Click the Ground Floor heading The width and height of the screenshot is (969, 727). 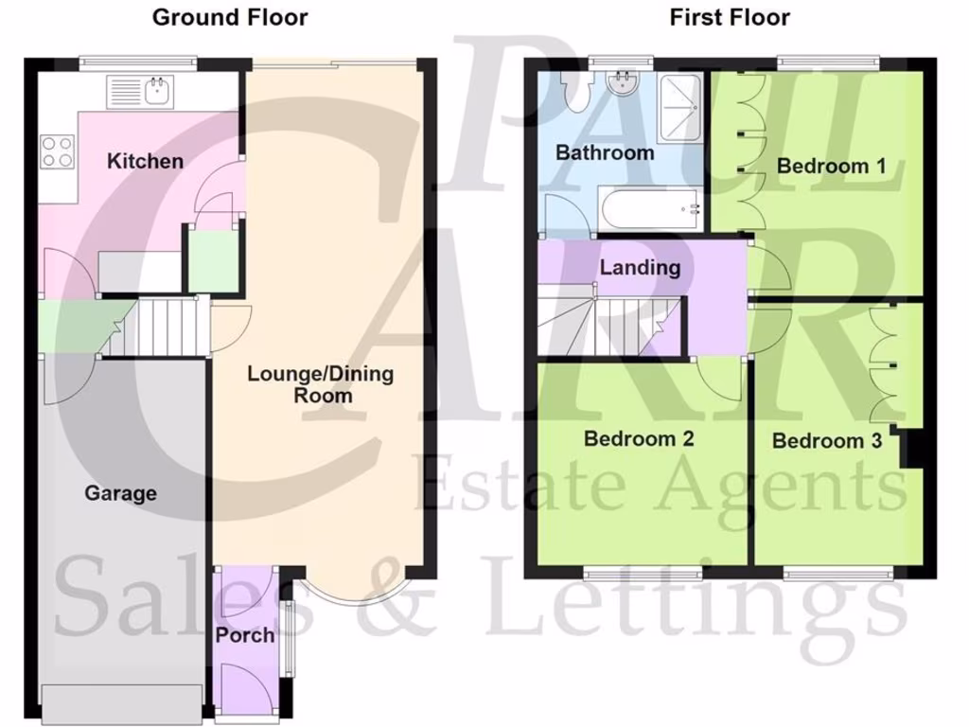(x=230, y=17)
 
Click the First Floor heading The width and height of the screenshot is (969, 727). (x=730, y=17)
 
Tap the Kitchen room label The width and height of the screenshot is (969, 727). (x=145, y=161)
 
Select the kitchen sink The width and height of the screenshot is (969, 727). (x=157, y=93)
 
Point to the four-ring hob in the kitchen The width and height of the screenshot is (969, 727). (x=57, y=151)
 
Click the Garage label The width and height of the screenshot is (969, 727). (x=121, y=493)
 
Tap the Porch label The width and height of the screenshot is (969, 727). (x=244, y=635)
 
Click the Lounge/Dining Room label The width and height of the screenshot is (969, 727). (x=320, y=383)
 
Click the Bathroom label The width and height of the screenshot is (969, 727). (x=605, y=152)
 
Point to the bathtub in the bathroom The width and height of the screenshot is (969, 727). (x=650, y=207)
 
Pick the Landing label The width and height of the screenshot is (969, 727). (x=640, y=268)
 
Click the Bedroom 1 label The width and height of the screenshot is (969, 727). (x=831, y=167)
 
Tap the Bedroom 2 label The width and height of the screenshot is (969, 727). (x=639, y=438)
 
